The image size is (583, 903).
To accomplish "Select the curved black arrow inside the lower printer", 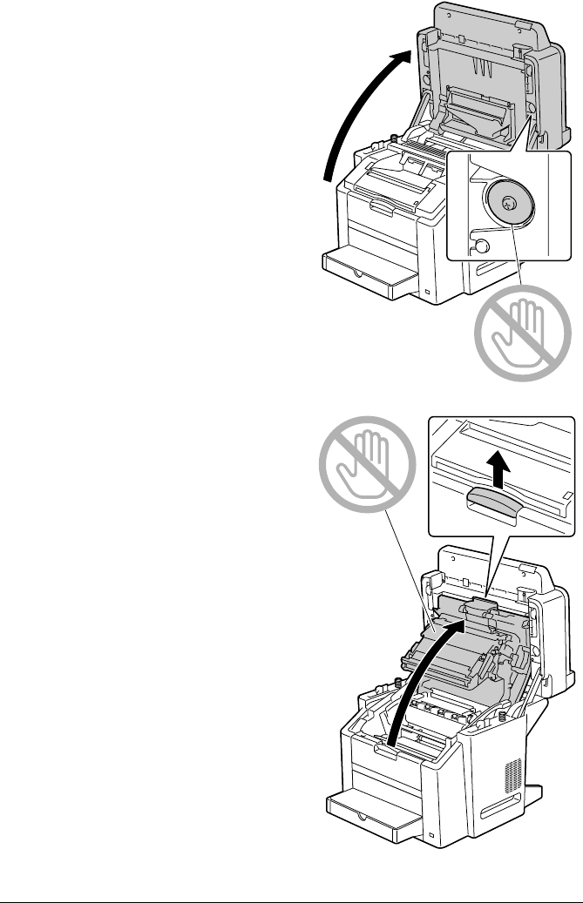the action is click(x=422, y=679).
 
